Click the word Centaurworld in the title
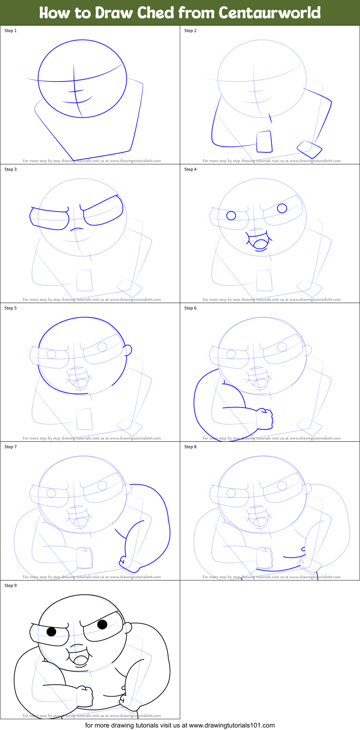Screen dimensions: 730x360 click(x=270, y=13)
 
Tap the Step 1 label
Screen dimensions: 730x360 click(x=10, y=31)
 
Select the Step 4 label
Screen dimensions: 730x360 click(x=190, y=169)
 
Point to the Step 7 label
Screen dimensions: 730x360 click(x=10, y=447)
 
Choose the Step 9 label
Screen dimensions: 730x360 click(x=10, y=586)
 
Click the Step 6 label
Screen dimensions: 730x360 click(x=190, y=308)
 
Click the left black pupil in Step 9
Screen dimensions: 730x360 click(x=52, y=631)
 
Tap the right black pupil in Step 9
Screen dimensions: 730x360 click(x=102, y=624)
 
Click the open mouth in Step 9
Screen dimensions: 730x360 click(x=80, y=660)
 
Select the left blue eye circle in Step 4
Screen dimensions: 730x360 click(x=231, y=215)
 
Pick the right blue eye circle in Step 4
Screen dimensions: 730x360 click(x=282, y=208)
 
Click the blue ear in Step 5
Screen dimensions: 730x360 click(x=128, y=350)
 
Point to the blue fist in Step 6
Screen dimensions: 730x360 click(x=265, y=419)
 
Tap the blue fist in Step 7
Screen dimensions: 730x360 click(x=128, y=564)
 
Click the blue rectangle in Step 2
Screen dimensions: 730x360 click(x=264, y=142)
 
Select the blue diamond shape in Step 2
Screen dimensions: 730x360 click(x=309, y=149)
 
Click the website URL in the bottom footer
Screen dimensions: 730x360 click(x=232, y=725)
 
